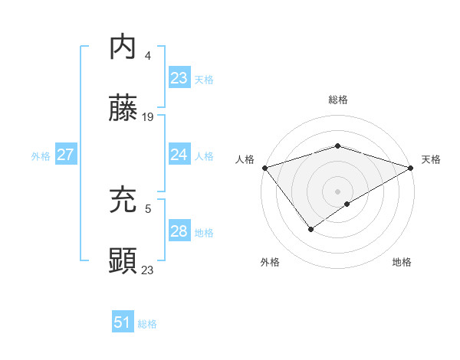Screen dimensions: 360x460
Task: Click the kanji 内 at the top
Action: pos(123,47)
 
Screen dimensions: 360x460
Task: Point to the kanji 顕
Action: pos(123,262)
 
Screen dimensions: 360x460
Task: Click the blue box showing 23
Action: pos(179,78)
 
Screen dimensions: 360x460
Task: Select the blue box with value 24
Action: pos(179,155)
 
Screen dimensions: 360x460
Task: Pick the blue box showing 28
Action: pos(179,231)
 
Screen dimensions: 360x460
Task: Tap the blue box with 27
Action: pos(65,155)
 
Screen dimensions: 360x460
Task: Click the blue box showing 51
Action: pos(122,322)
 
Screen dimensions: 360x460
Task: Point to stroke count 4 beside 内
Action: pos(147,56)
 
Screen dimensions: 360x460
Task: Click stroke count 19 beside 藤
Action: pos(148,117)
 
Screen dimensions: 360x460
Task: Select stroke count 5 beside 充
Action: pos(147,208)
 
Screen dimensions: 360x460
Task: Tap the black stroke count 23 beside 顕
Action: pos(148,270)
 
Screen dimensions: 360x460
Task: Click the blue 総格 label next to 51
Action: pos(147,324)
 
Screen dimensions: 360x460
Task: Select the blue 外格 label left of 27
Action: pos(41,155)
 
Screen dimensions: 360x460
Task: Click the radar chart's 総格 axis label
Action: pos(337,100)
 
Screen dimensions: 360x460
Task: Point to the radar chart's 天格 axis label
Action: pos(431,159)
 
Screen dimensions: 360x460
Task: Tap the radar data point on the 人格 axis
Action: pos(264,168)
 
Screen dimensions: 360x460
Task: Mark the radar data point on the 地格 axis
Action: pos(347,204)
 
